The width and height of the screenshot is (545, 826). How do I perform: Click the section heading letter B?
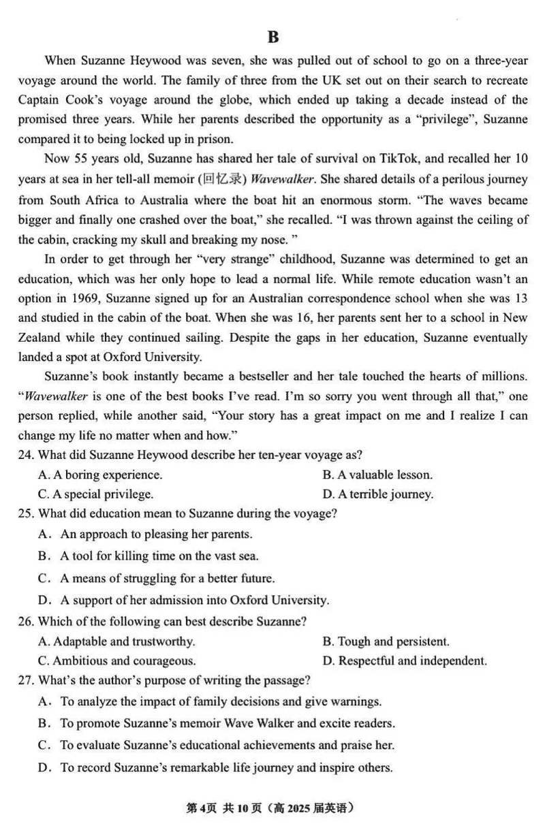click(273, 37)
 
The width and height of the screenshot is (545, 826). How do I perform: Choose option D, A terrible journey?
click(377, 494)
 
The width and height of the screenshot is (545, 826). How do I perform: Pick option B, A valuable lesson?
click(377, 475)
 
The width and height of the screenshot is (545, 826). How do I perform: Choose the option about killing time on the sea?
click(159, 556)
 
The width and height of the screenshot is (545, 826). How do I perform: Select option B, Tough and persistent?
click(386, 641)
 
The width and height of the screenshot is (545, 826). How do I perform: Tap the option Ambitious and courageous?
click(117, 661)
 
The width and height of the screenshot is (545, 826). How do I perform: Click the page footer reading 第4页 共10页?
click(223, 808)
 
